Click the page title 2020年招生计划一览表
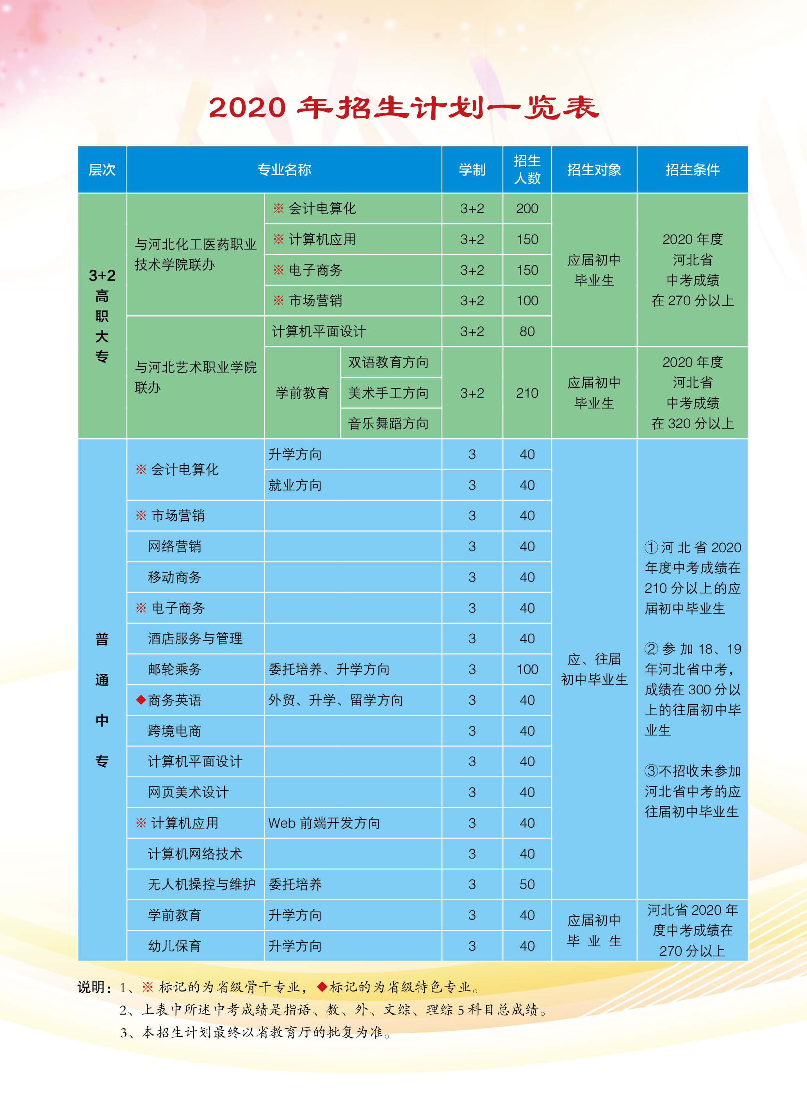[x=404, y=107]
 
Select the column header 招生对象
[x=593, y=170]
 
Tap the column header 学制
[x=472, y=170]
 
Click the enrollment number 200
[x=527, y=209]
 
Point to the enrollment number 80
[x=527, y=331]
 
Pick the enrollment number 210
[x=527, y=393]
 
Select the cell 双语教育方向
[x=388, y=362]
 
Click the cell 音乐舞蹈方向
[x=388, y=423]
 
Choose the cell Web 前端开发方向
[x=324, y=823]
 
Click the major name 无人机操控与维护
[x=201, y=884]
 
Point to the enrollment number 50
[x=527, y=884]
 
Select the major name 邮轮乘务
[x=175, y=669]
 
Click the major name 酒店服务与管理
[x=195, y=638]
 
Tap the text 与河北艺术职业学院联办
[x=195, y=377]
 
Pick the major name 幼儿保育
[x=175, y=946]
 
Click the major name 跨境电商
[x=175, y=731]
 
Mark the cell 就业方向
[x=295, y=485]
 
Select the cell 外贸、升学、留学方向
[x=336, y=700]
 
